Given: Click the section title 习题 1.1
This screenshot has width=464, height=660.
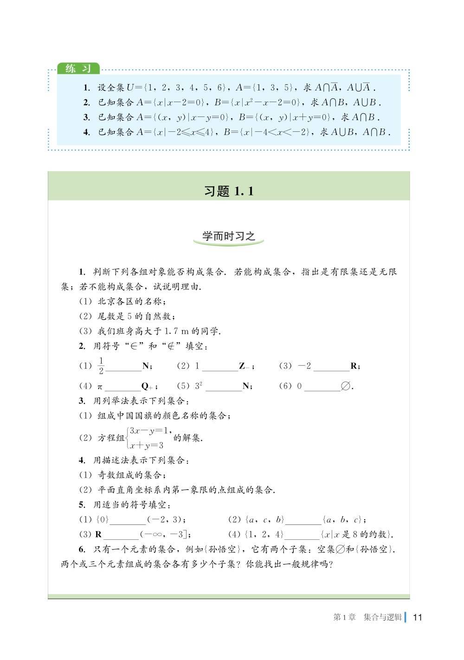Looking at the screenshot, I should pyautogui.click(x=229, y=191).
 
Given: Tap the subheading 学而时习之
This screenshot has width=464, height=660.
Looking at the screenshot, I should pyautogui.click(x=229, y=236).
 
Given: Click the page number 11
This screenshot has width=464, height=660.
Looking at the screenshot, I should pyautogui.click(x=417, y=617).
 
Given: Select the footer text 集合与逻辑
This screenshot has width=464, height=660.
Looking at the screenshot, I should pyautogui.click(x=383, y=617).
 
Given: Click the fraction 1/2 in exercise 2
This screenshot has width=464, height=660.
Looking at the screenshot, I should pyautogui.click(x=101, y=366).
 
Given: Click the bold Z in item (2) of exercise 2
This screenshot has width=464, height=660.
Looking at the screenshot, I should pyautogui.click(x=242, y=366).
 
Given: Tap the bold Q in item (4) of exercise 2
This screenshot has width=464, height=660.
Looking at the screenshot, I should pyautogui.click(x=145, y=386).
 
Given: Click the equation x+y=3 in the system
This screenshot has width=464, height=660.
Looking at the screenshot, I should pyautogui.click(x=147, y=446).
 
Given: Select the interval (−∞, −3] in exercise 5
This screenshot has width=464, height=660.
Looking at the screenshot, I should pyautogui.click(x=166, y=534).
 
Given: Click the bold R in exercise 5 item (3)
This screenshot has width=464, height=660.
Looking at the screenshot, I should pyautogui.click(x=98, y=534).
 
